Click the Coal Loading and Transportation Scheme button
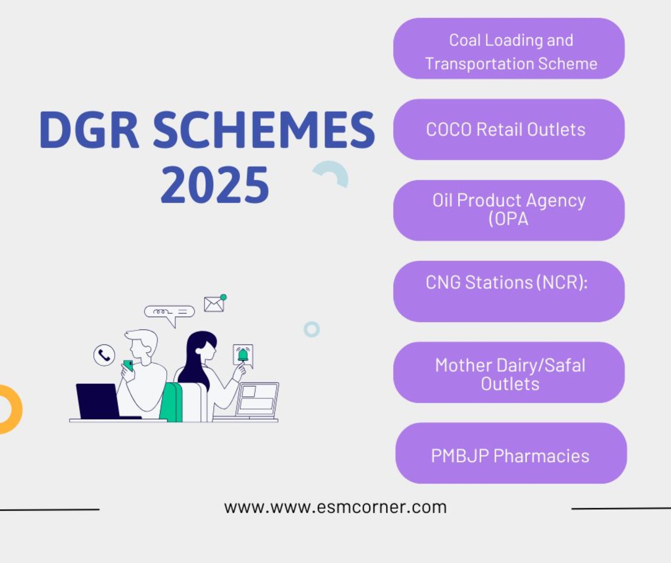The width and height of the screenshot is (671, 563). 508,49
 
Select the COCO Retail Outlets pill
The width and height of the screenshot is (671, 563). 508,130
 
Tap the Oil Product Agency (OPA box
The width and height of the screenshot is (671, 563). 508,210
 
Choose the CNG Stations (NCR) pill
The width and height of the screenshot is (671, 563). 508,291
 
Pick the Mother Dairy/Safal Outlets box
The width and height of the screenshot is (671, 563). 508,372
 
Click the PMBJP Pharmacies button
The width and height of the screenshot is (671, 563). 510,453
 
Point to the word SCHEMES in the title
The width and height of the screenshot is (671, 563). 264,130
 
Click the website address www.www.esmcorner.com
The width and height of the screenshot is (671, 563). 335,507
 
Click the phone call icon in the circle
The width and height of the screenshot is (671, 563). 104,355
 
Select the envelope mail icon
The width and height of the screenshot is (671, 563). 214,304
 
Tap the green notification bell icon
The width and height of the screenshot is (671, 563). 243,355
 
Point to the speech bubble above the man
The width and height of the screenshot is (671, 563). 169,312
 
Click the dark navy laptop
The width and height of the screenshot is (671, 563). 98,401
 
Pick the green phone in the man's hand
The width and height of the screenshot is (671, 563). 128,365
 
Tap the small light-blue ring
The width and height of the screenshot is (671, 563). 312,329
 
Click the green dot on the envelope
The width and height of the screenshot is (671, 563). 223,297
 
